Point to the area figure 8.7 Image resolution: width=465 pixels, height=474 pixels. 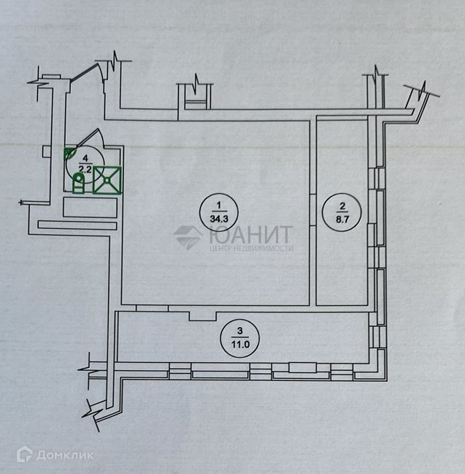(x=339, y=217)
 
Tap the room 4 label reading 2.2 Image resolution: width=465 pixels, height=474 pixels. (x=85, y=168)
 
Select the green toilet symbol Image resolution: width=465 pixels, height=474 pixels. (x=78, y=186)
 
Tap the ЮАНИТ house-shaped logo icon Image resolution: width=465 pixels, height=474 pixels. (x=188, y=238)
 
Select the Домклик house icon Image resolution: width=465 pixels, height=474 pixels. (x=24, y=455)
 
